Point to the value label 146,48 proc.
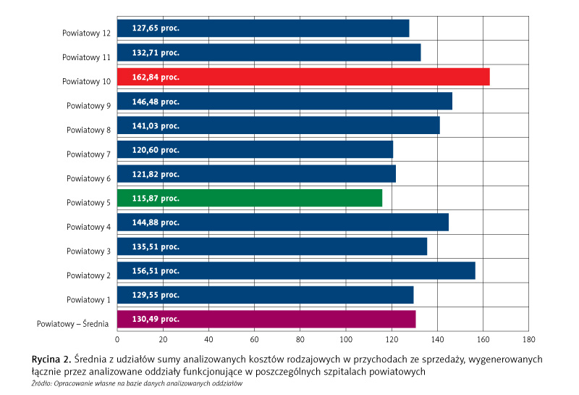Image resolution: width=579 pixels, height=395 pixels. point(156,101)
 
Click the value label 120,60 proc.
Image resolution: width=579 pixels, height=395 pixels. point(156,150)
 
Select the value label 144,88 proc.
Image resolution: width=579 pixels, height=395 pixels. point(156,223)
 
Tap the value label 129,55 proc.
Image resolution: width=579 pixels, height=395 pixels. point(156,295)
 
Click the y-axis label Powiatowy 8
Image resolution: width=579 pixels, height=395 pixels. point(88,130)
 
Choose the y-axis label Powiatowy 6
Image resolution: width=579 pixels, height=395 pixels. point(88,179)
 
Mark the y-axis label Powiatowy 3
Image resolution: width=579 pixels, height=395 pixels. point(88,251)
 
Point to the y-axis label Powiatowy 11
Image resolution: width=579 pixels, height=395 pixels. point(86,57)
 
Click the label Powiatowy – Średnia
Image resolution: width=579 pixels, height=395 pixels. point(73,324)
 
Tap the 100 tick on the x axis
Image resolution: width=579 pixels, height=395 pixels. point(346,338)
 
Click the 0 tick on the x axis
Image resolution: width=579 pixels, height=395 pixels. point(117,338)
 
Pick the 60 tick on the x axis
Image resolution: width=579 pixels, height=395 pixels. point(254,338)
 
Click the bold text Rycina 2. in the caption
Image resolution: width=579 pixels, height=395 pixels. point(51,359)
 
